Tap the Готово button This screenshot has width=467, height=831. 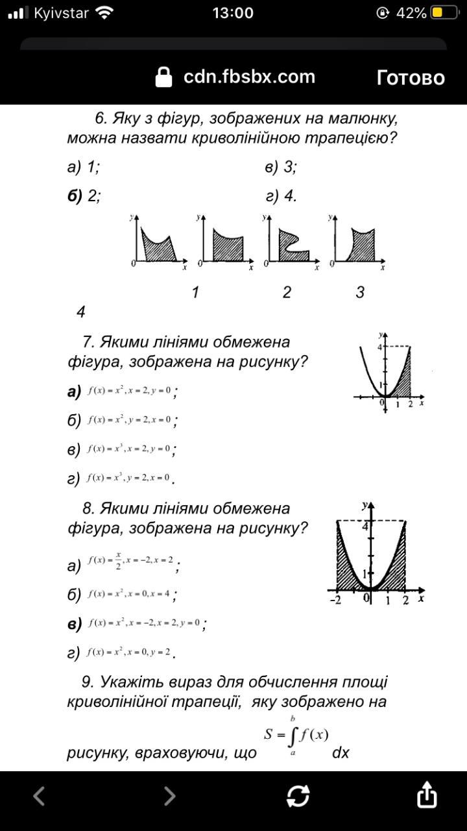click(411, 78)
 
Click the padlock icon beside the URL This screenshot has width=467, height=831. click(165, 77)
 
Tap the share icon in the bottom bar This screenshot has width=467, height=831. click(426, 795)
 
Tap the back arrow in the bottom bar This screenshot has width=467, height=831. click(39, 795)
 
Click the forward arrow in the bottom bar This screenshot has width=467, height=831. click(169, 795)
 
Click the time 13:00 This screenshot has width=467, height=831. click(233, 13)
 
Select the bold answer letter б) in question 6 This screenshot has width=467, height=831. click(75, 196)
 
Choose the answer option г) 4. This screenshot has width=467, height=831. click(281, 196)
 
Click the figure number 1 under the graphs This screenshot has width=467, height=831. click(195, 292)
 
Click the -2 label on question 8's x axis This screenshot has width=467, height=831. click(335, 600)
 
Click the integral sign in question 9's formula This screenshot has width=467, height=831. click(292, 736)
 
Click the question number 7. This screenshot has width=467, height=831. click(89, 342)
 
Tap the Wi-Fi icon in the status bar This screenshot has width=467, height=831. click(103, 13)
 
